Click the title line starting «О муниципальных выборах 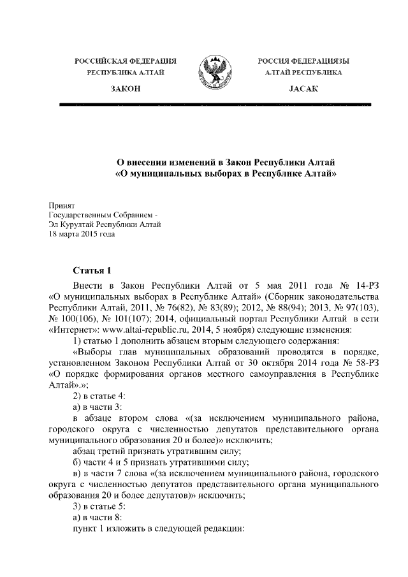coord(225,173)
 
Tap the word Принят coord(62,205)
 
